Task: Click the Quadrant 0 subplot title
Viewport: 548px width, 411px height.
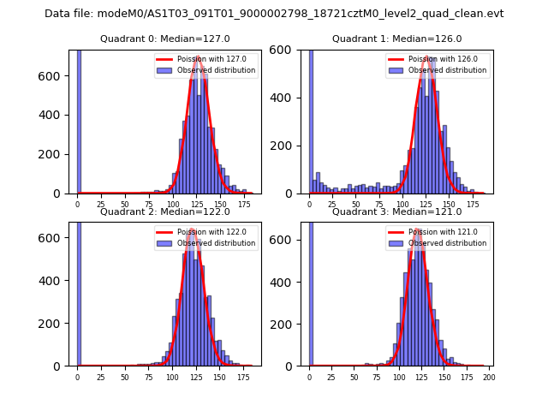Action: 165,39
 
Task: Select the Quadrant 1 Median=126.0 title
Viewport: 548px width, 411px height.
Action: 396,39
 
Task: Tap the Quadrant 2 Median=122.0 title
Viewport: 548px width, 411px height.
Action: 165,211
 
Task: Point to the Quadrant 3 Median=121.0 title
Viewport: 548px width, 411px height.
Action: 396,211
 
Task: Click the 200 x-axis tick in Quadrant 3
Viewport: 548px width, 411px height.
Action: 489,376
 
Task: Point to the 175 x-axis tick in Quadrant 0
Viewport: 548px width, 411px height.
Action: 244,204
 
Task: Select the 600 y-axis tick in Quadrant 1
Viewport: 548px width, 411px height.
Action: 293,50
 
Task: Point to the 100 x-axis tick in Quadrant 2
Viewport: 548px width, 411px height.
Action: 172,376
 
